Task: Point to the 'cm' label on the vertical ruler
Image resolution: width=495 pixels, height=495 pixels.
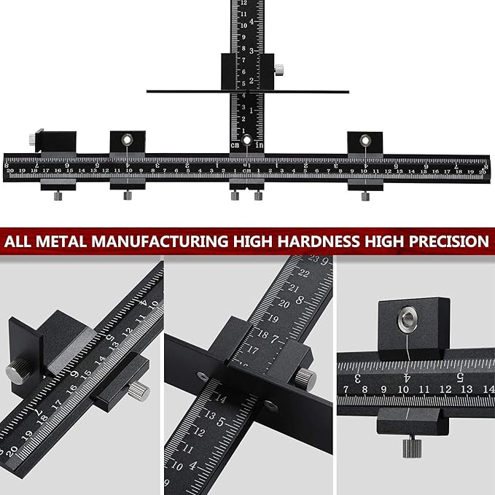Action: (x=235, y=145)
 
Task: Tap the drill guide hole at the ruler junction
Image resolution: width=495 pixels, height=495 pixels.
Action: (x=247, y=139)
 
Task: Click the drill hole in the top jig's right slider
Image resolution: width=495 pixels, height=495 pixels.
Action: (x=365, y=139)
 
